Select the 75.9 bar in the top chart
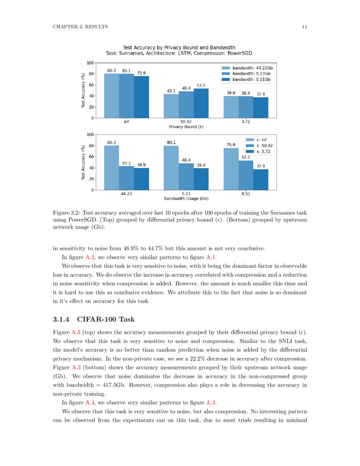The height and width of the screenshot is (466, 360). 141,97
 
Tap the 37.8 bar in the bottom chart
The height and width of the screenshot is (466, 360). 260,179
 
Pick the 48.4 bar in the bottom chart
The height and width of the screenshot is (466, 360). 186,176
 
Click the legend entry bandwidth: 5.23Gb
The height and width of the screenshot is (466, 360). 247,73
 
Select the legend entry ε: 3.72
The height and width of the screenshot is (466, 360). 258,151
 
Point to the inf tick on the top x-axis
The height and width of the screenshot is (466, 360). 126,122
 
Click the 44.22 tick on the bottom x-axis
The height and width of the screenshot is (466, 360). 126,194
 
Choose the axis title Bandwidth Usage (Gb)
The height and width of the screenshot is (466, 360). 186,198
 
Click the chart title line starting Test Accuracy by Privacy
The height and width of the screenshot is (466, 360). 179,47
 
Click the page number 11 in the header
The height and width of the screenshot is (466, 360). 304,27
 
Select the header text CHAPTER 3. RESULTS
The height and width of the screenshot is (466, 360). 80,27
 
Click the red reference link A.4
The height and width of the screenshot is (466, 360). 91,402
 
